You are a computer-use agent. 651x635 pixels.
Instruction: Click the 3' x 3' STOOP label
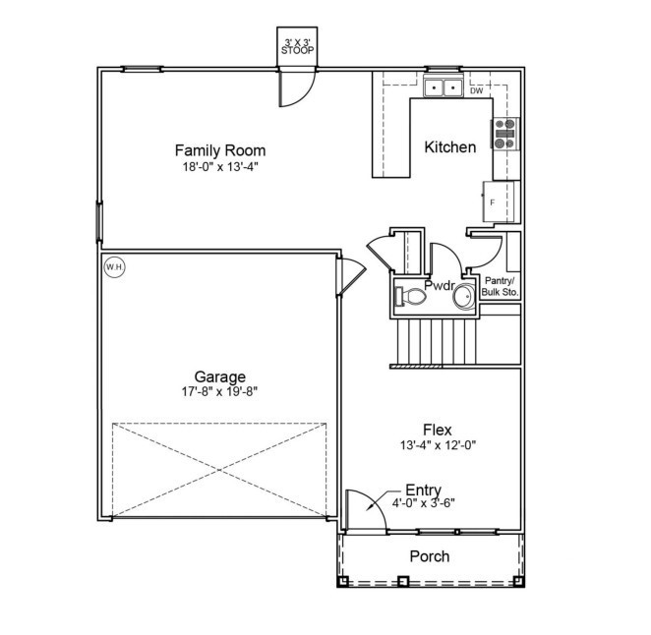tap(298, 45)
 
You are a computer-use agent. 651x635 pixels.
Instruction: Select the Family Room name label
tap(219, 150)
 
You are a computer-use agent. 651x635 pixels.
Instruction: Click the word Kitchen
tap(449, 147)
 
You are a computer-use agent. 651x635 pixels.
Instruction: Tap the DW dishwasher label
tap(476, 90)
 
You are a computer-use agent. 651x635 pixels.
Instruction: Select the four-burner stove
tap(503, 134)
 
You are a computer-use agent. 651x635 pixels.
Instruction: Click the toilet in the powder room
tap(410, 293)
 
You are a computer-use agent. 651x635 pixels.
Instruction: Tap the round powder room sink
tap(462, 293)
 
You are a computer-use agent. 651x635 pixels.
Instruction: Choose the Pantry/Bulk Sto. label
tap(500, 286)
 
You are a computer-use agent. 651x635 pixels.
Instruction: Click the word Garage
tap(219, 376)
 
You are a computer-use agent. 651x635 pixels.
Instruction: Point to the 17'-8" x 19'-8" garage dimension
tap(219, 391)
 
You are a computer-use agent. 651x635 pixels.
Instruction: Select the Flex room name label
tap(437, 430)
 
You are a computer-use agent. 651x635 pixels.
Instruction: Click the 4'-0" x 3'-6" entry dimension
tap(424, 503)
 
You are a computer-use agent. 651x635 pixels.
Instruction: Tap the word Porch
tap(429, 556)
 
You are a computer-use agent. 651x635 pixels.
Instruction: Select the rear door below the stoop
tap(296, 88)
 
